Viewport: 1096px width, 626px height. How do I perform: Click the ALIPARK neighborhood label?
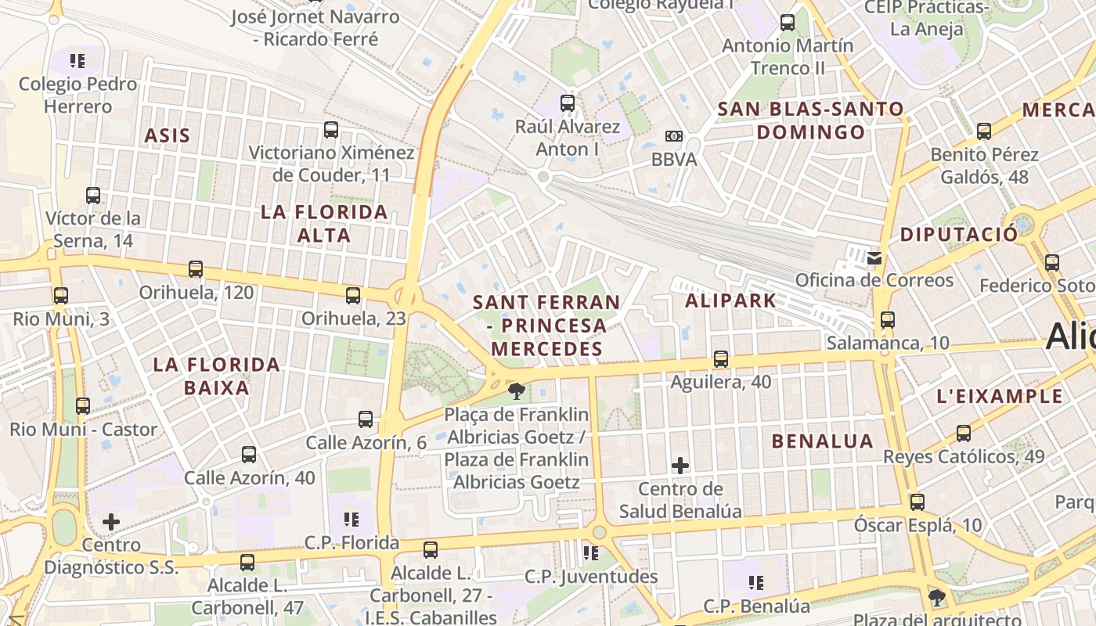tap(730, 300)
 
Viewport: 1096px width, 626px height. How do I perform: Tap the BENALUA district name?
tap(822, 441)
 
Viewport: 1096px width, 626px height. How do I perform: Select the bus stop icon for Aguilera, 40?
tap(721, 359)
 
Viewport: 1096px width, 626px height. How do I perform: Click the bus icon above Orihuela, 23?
tap(353, 295)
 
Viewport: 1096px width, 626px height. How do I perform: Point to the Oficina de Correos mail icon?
tap(874, 257)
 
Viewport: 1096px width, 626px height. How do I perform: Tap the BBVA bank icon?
tap(673, 136)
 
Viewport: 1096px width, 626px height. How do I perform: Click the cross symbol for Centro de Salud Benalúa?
tap(680, 466)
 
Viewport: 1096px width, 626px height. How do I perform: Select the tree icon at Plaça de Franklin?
tap(516, 390)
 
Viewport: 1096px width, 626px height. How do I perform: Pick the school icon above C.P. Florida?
tap(352, 519)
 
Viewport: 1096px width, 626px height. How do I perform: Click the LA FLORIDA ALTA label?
tap(324, 223)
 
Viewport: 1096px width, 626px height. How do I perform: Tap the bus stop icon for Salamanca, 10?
tap(887, 319)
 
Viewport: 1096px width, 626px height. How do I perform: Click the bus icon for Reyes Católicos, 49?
tap(964, 433)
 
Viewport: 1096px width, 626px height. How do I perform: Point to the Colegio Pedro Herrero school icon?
tap(78, 60)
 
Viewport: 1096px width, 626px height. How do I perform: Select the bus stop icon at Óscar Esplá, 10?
tap(918, 502)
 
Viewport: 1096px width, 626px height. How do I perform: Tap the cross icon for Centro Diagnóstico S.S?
tap(111, 521)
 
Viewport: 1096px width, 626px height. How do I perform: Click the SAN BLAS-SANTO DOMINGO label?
tap(811, 120)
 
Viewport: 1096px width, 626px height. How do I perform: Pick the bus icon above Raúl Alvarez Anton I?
tap(568, 103)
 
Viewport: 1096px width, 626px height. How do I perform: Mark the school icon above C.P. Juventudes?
tap(591, 553)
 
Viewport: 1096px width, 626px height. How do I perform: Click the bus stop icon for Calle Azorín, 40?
tap(249, 454)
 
